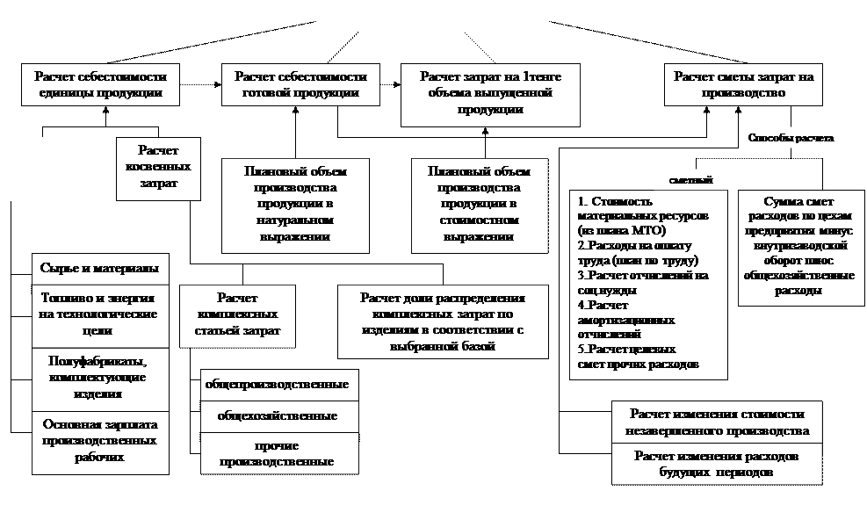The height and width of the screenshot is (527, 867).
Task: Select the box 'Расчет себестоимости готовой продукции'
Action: [x=301, y=85]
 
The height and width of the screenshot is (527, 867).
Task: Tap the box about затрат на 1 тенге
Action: [x=490, y=94]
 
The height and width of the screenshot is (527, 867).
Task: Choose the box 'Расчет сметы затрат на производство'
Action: [x=743, y=85]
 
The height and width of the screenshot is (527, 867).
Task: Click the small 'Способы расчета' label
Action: [x=791, y=139]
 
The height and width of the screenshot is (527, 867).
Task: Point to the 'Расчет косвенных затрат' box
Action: [x=158, y=167]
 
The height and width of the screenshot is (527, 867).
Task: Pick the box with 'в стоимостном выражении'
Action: [x=478, y=205]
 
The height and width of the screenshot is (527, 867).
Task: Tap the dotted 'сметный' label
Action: [x=690, y=180]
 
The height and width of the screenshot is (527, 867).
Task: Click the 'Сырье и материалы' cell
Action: [x=99, y=269]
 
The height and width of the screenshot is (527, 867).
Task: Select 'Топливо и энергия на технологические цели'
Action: [x=99, y=314]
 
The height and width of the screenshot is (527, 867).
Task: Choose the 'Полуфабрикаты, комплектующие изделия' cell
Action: [x=99, y=379]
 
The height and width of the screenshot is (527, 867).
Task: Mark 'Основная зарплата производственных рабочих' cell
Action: [x=99, y=441]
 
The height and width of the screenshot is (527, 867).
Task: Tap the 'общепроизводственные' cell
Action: [x=277, y=385]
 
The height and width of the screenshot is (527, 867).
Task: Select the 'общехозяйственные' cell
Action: [x=277, y=416]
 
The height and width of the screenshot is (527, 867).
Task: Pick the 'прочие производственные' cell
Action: [x=277, y=453]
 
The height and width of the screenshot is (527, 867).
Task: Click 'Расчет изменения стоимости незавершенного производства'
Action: [x=717, y=422]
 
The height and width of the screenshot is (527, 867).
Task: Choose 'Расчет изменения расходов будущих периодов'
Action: [x=717, y=465]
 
